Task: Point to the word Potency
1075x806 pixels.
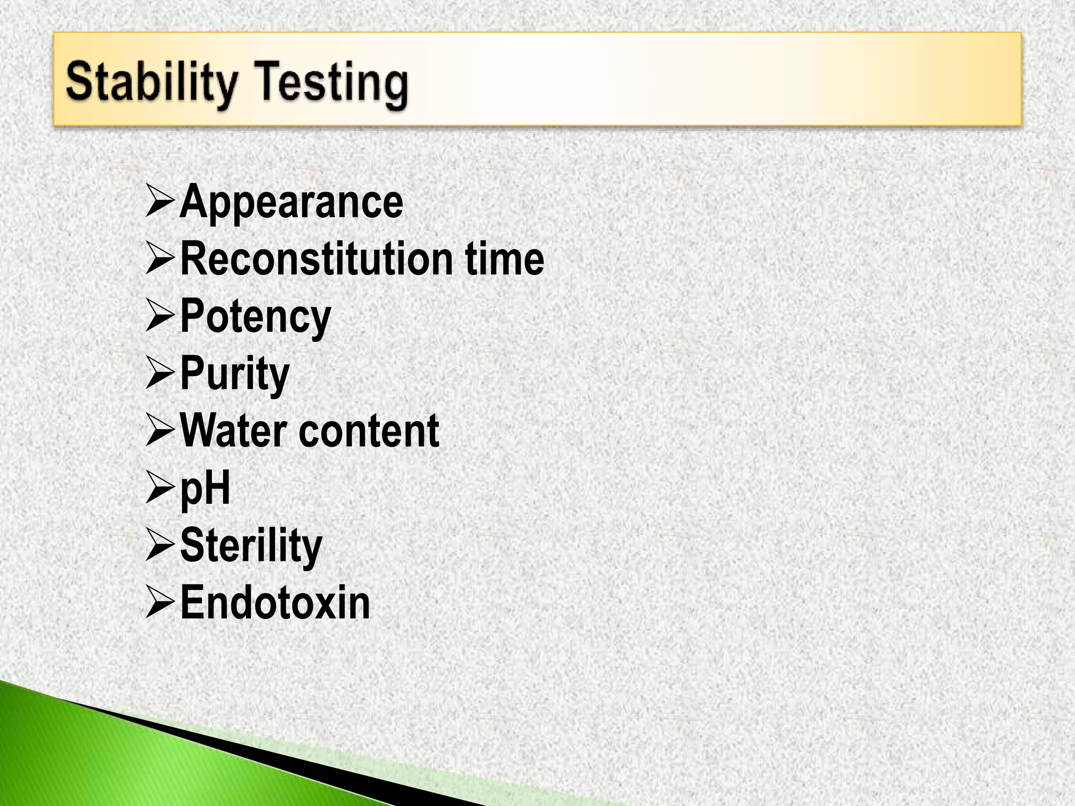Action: pos(255,317)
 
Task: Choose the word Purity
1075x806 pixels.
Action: pos(235,374)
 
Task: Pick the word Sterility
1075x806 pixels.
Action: pos(251,546)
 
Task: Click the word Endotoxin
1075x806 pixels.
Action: pos(275,603)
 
